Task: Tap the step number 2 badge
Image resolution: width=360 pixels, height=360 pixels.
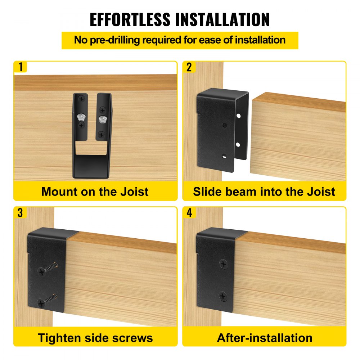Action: [x=189, y=67]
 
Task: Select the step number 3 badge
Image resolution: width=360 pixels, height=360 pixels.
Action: [x=20, y=212]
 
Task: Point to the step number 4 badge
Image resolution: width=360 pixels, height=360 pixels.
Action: [x=189, y=212]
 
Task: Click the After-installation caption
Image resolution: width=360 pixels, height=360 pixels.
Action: [x=265, y=338]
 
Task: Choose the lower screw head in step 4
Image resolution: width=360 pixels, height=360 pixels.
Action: [x=223, y=296]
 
